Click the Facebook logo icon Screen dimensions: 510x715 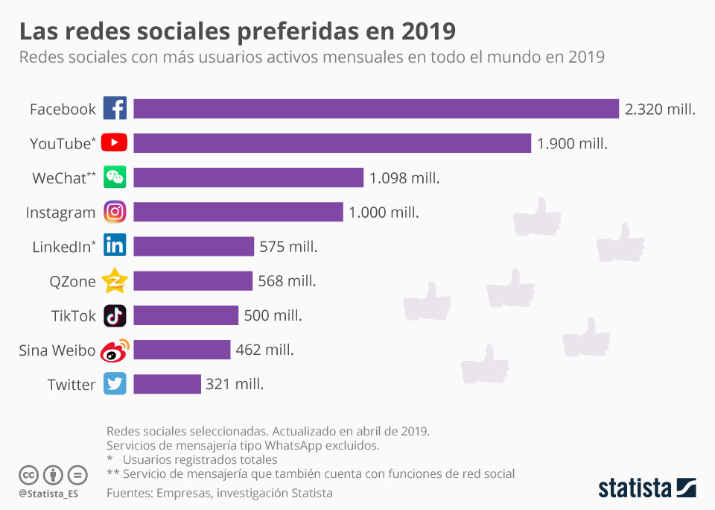(x=115, y=109)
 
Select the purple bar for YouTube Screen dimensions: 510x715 (x=332, y=143)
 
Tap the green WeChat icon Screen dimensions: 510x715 (x=115, y=177)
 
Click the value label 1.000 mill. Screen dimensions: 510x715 (x=384, y=212)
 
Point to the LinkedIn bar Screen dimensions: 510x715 (x=194, y=247)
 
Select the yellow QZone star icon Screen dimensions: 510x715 (x=115, y=281)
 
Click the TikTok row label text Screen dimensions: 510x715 (x=74, y=315)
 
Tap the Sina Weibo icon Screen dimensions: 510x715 (x=115, y=350)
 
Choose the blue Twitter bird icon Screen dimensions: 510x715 (x=115, y=384)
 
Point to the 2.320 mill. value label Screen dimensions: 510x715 (x=660, y=110)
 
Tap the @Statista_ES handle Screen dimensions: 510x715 (x=48, y=494)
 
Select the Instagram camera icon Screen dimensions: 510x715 (x=115, y=212)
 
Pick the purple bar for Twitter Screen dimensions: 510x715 (x=167, y=384)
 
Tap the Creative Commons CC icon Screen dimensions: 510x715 (x=28, y=474)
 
